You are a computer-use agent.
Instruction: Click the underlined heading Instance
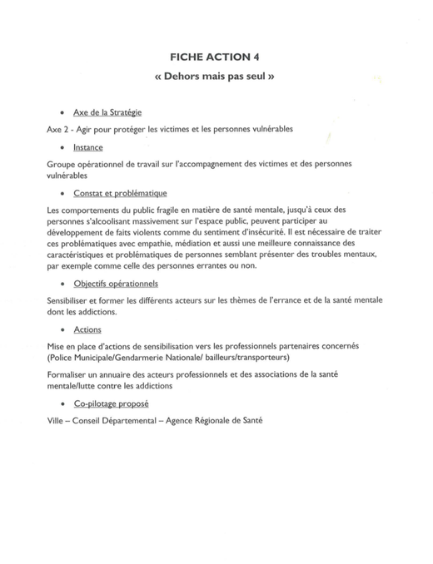click(x=88, y=147)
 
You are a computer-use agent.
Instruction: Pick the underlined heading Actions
click(x=87, y=329)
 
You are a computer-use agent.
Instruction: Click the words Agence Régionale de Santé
click(x=221, y=421)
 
